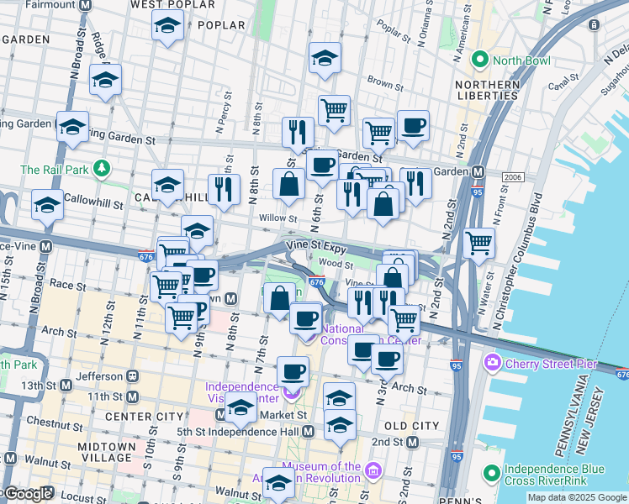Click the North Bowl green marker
point(480,60)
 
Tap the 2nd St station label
point(388,442)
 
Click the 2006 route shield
point(512,177)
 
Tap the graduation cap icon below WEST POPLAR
point(168,26)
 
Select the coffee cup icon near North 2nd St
point(413,126)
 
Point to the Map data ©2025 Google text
point(576,497)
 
